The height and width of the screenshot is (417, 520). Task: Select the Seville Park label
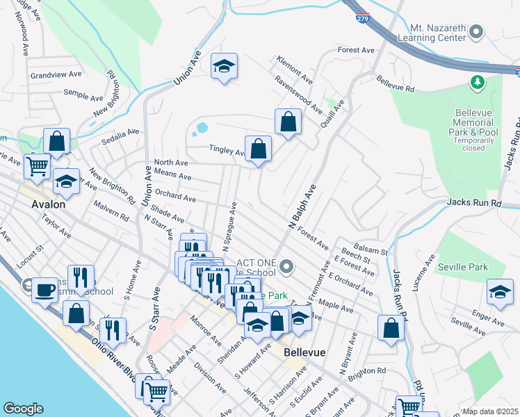coord(462,267)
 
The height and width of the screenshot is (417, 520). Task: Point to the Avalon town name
coord(49,205)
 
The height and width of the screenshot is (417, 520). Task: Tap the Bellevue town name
coord(305,352)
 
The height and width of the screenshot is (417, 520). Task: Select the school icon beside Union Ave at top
coord(224,66)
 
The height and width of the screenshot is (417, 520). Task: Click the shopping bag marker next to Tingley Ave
coord(258,149)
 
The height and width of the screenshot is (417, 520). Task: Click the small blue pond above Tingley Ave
coord(202,129)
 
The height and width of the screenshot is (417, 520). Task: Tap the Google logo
coord(23,409)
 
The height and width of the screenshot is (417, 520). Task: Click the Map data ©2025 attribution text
coord(490,411)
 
